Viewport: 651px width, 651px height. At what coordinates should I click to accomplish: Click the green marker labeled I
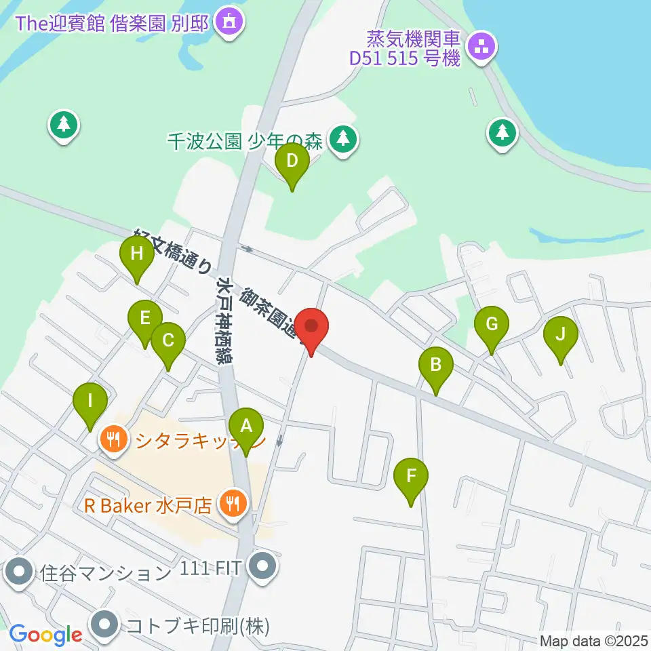[x=90, y=404]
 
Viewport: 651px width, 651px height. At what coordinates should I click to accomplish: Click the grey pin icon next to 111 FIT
[x=261, y=566]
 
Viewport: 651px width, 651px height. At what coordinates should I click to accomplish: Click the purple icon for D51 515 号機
[x=483, y=47]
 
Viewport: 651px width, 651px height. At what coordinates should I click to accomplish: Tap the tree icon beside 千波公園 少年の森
[x=344, y=140]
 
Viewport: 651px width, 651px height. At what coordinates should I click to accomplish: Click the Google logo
[x=45, y=635]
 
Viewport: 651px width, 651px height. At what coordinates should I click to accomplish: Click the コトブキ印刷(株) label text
[x=197, y=625]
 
